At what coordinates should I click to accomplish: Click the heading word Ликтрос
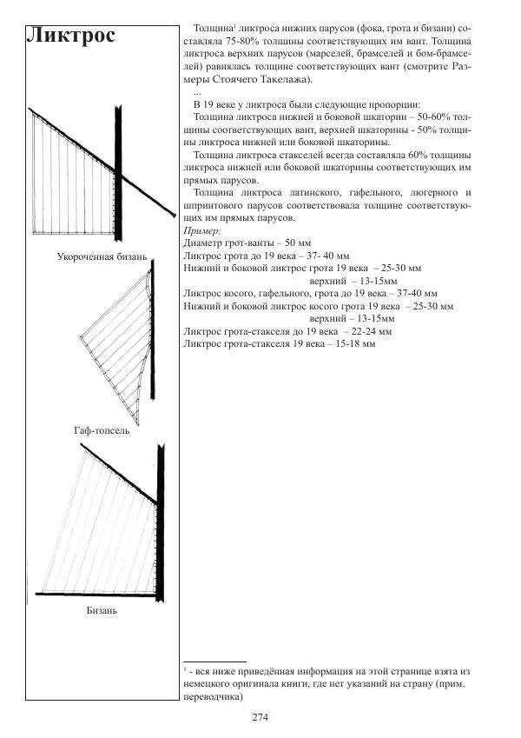pos(71,35)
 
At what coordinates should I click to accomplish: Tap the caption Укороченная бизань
pos(102,256)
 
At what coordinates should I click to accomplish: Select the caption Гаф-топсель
pos(102,430)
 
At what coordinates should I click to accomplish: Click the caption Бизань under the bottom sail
pos(102,610)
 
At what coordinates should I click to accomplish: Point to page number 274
pos(260,717)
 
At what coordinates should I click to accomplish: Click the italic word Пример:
pos(202,230)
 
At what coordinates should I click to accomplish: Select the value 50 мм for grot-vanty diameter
pos(298,243)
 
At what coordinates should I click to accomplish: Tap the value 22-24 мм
pos(372,331)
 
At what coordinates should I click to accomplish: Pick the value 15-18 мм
pos(355,344)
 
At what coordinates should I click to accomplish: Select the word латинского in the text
pos(315,192)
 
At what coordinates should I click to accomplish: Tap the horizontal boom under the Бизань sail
pos(96,595)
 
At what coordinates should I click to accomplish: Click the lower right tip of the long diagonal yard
pos(175,216)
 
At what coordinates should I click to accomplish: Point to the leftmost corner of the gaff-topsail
pos(81,336)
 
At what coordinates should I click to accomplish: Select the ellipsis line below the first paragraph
pos(197,93)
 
